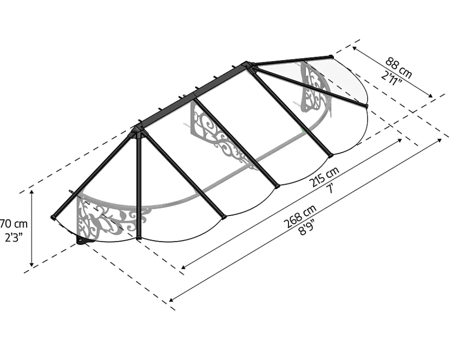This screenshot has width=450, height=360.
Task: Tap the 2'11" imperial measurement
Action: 391,78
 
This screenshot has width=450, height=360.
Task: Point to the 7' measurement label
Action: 331,189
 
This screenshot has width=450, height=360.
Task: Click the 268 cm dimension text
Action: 300,216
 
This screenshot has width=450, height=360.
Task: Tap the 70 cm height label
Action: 13,223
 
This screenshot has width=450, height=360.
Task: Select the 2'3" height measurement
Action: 13,238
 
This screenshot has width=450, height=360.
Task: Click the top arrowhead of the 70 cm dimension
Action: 32,192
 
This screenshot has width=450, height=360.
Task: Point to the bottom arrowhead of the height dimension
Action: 32,264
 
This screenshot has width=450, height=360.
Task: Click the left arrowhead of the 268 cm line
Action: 171,300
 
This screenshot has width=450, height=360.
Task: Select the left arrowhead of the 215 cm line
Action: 183,267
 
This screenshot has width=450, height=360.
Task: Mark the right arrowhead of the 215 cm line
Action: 400,140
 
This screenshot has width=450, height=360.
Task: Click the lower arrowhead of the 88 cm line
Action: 430,96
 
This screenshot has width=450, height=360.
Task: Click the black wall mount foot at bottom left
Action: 83,241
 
